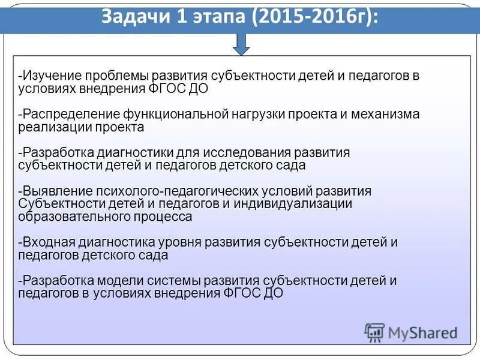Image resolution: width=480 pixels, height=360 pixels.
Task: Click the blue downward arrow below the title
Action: [241, 44]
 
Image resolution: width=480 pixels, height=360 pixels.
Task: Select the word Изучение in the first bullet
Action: [51, 77]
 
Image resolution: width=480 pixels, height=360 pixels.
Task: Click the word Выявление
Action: [55, 191]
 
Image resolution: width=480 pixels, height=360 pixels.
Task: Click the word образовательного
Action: [74, 217]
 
